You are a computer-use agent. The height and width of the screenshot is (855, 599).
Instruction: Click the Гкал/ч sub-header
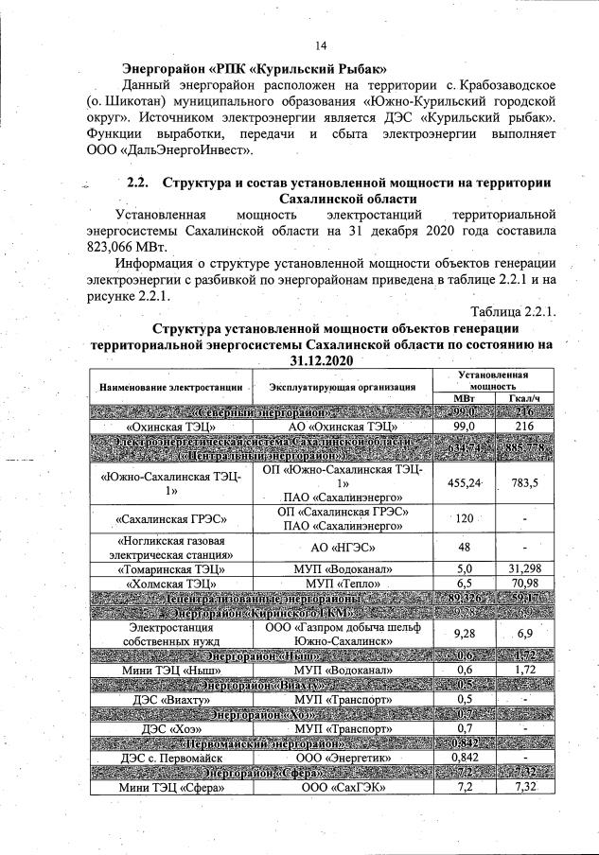520,398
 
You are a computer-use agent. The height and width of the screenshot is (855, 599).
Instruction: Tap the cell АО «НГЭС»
343,547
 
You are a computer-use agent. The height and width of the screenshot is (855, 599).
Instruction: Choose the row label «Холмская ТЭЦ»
168,585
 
